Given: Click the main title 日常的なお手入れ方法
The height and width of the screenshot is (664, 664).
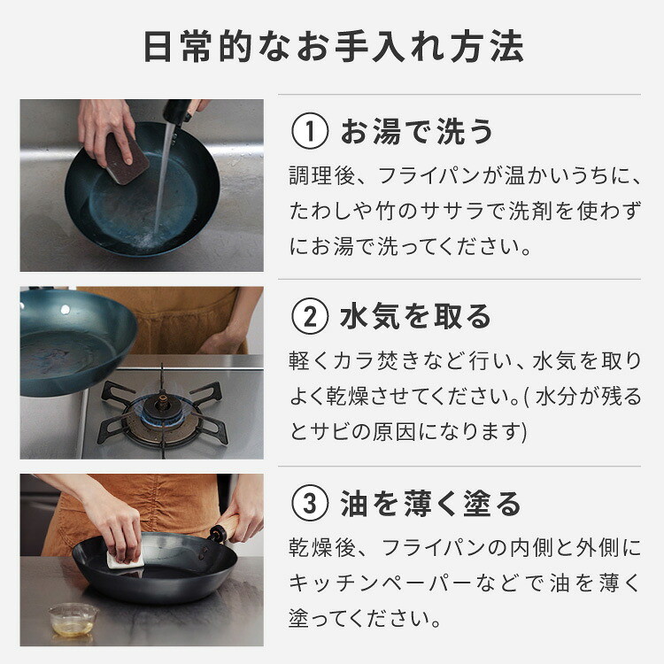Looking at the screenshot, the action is point(334,47).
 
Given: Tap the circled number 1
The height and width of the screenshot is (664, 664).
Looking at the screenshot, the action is point(310,131).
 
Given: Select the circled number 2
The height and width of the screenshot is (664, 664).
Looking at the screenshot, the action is point(310,316).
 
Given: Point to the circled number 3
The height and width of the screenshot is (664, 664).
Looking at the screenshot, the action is point(310,503).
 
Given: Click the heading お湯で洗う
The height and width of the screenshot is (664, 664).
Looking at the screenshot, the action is point(417,131).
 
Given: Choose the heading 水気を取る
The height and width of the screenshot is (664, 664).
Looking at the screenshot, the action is point(415,317).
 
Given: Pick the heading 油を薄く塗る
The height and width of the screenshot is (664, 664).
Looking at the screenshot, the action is point(430,504).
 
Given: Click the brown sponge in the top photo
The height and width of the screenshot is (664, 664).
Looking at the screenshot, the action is point(127,158).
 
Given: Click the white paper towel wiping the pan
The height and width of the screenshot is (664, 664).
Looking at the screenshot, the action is point(126,560).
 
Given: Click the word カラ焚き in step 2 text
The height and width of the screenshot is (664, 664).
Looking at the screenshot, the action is point(376,361).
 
